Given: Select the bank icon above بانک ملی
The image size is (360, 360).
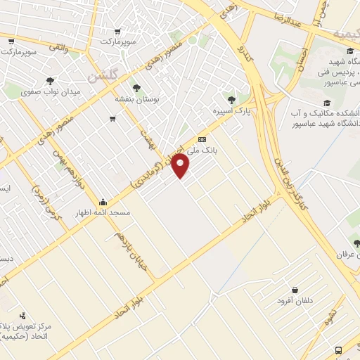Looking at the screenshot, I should [202, 139].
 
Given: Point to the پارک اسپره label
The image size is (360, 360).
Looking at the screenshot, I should [232, 110].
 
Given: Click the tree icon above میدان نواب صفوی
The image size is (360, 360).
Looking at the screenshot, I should [51, 81].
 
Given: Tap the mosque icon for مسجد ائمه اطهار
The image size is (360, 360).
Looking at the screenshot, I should [103, 200].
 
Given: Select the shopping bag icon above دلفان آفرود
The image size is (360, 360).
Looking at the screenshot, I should [294, 290].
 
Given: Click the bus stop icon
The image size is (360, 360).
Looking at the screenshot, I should [339, 350].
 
